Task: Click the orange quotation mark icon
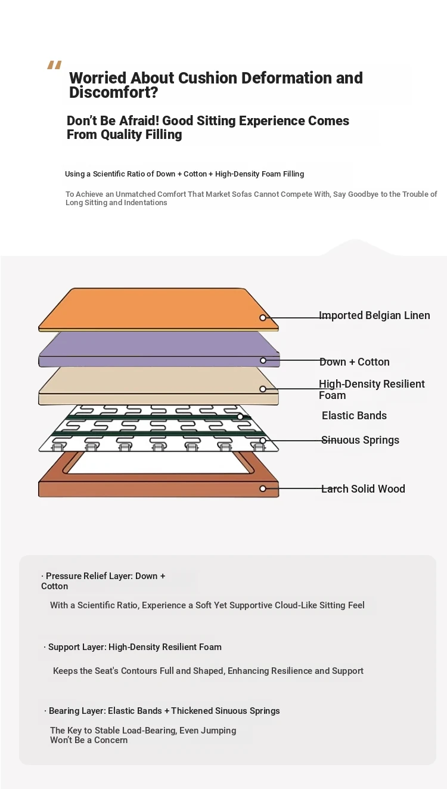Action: coord(54,65)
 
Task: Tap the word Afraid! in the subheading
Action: coord(139,120)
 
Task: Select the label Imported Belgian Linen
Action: coord(374,315)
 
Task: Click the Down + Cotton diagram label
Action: coord(355,362)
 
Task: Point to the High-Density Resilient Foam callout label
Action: coord(372,389)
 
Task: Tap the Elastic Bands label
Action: coord(354,415)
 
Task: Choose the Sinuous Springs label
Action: coord(361,440)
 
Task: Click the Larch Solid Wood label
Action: coord(363,488)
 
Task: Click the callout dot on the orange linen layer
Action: coord(263,318)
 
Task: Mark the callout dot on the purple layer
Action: coord(263,360)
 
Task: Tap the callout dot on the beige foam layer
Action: coord(263,389)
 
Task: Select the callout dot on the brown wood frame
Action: coord(263,488)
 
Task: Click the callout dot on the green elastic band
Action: coord(240,417)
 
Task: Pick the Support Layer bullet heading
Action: coord(133,646)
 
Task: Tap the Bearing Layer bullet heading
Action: coord(162,710)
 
